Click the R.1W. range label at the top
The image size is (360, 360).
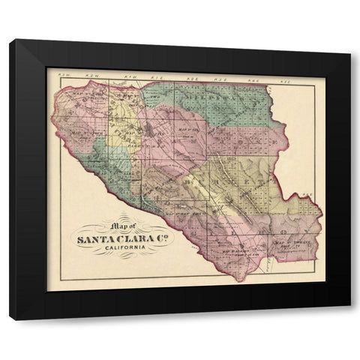pyautogui.click(x=129, y=76)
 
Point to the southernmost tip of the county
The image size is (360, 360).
pyautogui.click(x=238, y=280)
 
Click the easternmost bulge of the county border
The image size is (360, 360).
pyautogui.click(x=322, y=225)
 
